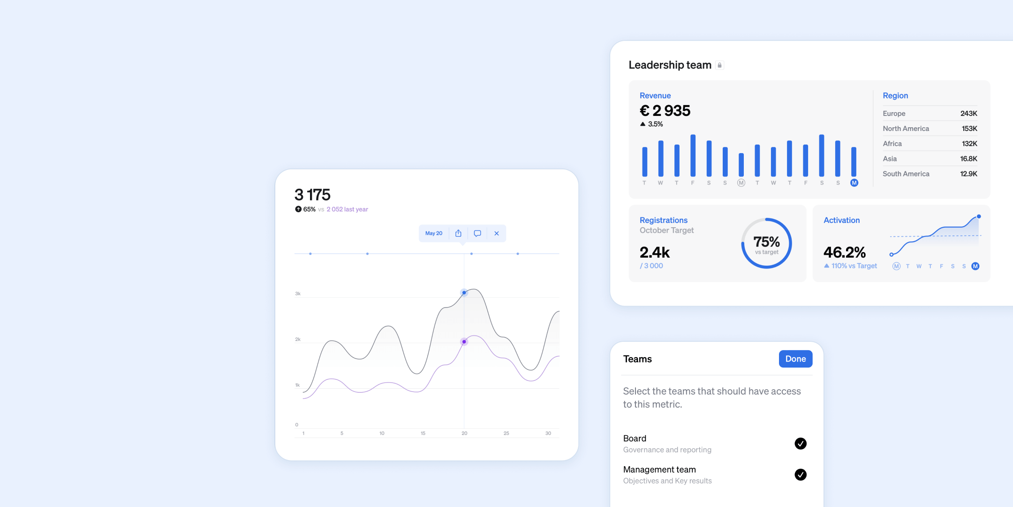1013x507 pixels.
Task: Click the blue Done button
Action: coord(795,359)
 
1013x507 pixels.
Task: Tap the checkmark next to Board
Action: coord(801,444)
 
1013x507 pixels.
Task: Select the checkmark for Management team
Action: coord(801,475)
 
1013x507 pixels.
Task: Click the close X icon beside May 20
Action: coord(497,233)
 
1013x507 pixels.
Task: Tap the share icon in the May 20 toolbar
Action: coord(458,233)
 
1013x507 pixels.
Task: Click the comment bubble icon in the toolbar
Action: coord(477,233)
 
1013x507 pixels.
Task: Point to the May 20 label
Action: coord(434,233)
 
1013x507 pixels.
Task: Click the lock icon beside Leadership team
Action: coord(719,65)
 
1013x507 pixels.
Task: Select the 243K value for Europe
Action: coord(968,114)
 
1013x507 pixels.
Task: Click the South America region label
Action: coord(906,174)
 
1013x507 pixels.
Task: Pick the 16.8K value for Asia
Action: coord(968,159)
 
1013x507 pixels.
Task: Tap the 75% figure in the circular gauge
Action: coord(766,242)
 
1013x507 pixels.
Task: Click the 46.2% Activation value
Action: coord(844,253)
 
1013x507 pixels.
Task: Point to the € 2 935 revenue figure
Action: coord(665,111)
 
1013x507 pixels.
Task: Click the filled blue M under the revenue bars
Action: coord(854,183)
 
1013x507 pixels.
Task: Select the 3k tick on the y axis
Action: coord(298,294)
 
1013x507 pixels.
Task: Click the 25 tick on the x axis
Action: coord(506,433)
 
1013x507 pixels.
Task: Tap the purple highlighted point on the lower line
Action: coord(464,342)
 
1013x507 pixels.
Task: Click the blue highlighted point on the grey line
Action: coord(464,293)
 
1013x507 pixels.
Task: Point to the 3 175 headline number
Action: coord(312,195)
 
